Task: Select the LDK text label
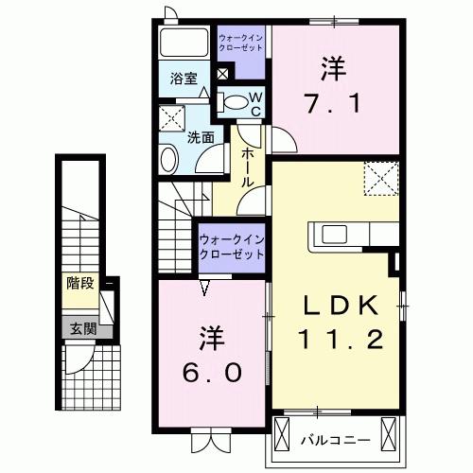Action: pos(342,305)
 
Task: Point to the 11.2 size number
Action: pos(342,338)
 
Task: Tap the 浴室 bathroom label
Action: pos(184,79)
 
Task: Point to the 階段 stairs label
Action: pos(80,281)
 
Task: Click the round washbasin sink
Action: pos(166,157)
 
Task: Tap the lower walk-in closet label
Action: pos(231,248)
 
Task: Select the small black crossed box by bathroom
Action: pos(222,75)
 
